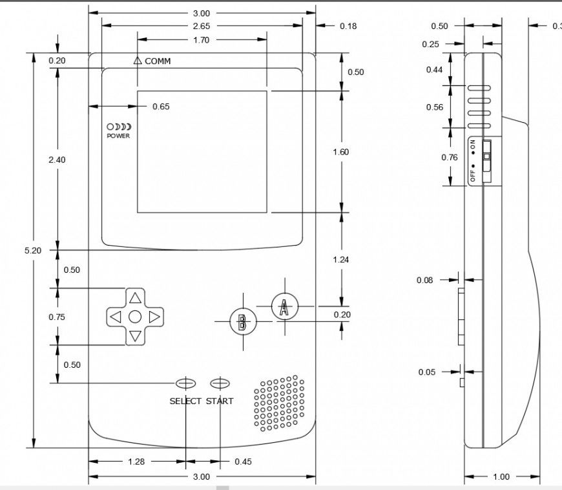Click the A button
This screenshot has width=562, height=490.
tap(284, 306)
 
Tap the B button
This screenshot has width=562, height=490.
tap(243, 322)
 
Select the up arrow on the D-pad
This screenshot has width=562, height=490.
tap(135, 298)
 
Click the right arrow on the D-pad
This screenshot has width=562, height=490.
tap(154, 317)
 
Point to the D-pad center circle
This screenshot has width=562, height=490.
tap(135, 317)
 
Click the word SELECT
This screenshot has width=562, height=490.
tap(185, 401)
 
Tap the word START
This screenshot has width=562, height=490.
tap(220, 401)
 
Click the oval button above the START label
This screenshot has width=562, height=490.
tap(220, 383)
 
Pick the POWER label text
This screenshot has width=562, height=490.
tap(118, 136)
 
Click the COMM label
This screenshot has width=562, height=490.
tap(158, 61)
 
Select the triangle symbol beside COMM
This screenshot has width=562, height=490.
tap(137, 61)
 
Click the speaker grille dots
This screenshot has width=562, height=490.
tap(279, 403)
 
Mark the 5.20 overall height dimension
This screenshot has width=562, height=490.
tap(32, 250)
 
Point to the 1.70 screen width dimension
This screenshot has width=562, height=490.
tap(201, 39)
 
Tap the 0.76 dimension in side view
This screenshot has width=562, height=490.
tap(449, 157)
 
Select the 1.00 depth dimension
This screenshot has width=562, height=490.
tap(501, 477)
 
